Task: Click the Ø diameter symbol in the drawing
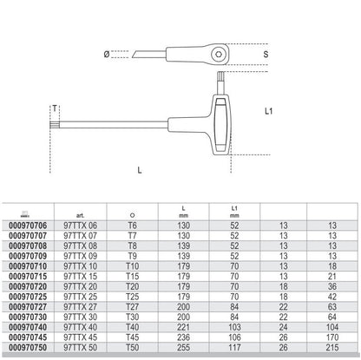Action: coord(107,54)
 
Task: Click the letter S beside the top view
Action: coord(266,54)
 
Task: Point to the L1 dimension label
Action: coord(269,111)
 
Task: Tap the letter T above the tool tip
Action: coord(55,108)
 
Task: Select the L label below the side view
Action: coord(140,170)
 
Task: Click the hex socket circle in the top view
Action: coord(218,55)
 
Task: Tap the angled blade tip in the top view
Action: coord(135,55)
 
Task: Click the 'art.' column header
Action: coord(80,215)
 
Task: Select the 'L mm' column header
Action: coord(184,212)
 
